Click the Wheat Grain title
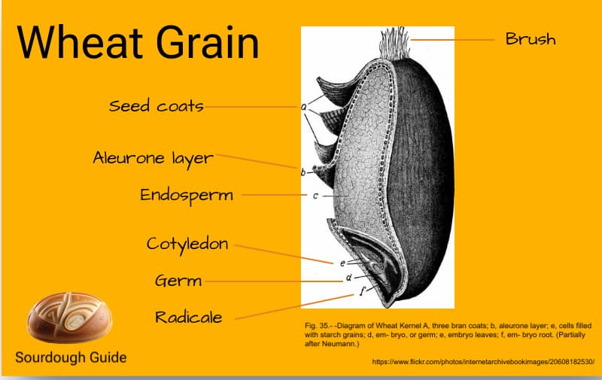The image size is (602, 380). [x=138, y=42]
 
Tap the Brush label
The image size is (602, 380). [x=531, y=39]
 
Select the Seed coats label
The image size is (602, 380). [x=157, y=106]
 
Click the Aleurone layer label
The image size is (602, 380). [x=153, y=158]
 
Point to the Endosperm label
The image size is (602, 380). [x=187, y=195]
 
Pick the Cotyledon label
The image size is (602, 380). [x=187, y=244]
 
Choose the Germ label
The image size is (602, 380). [x=178, y=281]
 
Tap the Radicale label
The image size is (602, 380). [x=188, y=318]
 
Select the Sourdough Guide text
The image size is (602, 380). [x=71, y=357]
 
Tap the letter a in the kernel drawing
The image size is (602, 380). [x=305, y=107]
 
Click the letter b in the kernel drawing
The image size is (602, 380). [x=303, y=172]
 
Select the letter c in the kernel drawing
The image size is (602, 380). [x=315, y=196]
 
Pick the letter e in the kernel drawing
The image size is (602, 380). [x=342, y=263]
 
